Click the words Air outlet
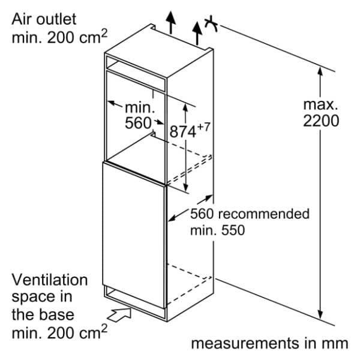click(44, 19)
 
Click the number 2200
click(321, 121)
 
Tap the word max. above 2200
click(320, 104)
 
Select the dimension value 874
click(183, 132)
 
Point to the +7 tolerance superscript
click(203, 127)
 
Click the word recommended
click(264, 214)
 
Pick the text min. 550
click(218, 230)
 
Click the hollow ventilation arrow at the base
click(119, 314)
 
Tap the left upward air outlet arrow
click(170, 22)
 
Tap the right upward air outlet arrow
click(197, 33)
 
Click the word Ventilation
click(50, 280)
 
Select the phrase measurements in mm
click(269, 344)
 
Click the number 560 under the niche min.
click(138, 123)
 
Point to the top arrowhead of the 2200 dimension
click(320, 71)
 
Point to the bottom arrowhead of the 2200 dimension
click(320, 314)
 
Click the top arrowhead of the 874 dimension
click(185, 107)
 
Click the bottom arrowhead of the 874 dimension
click(185, 188)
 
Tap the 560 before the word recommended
click(202, 214)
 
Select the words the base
click(43, 314)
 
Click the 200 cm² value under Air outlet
click(77, 37)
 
